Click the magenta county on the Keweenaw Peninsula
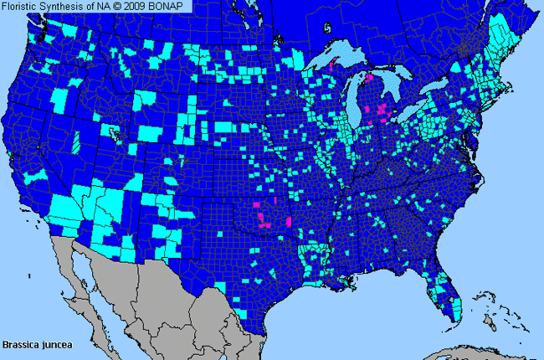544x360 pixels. point(336,61)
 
